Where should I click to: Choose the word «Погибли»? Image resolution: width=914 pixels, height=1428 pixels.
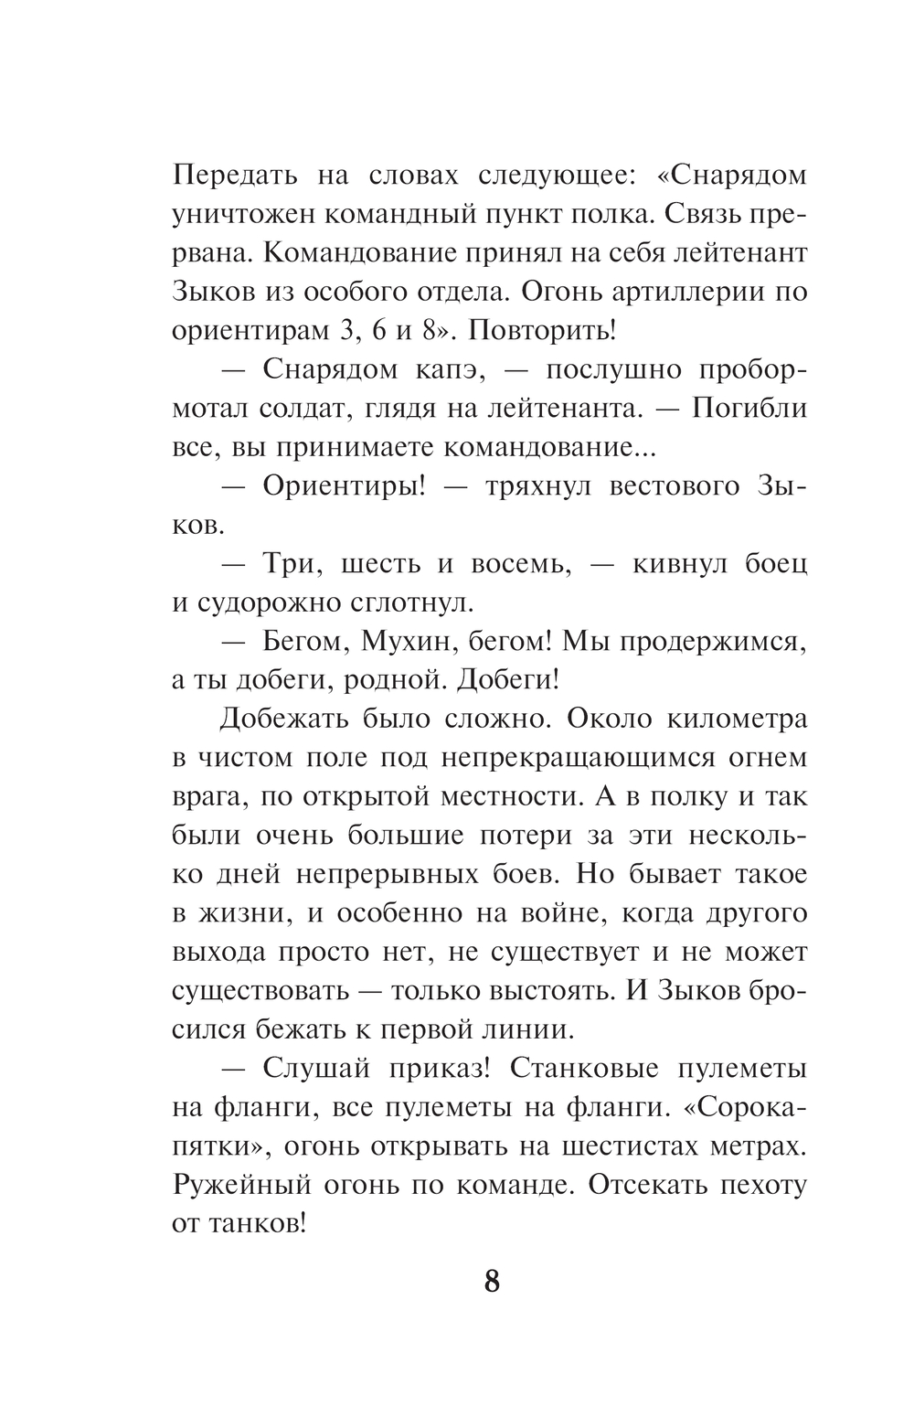click(749, 409)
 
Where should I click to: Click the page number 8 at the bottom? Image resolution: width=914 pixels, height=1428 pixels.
click(491, 1282)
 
